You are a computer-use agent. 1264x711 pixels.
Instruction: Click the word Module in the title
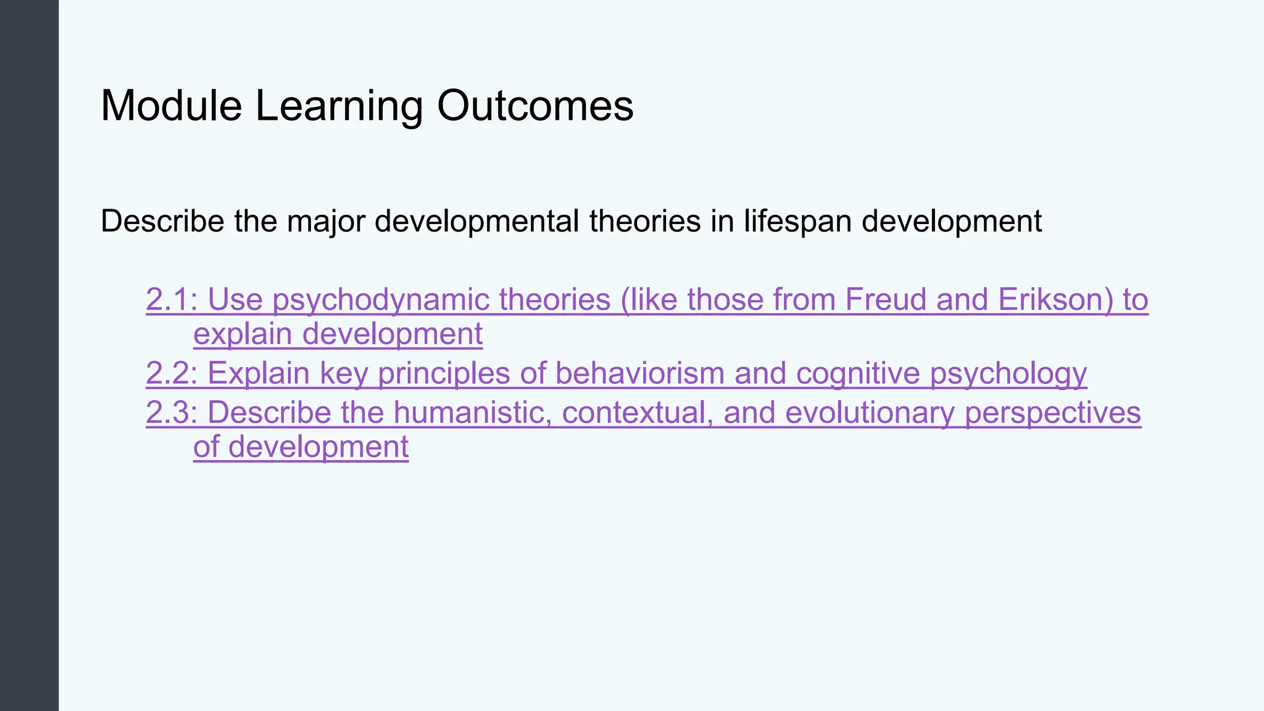pyautogui.click(x=171, y=106)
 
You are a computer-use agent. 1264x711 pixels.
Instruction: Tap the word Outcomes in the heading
pyautogui.click(x=535, y=106)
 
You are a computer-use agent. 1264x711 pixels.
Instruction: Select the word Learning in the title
pyautogui.click(x=339, y=106)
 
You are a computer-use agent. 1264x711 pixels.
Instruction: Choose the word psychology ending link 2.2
pyautogui.click(x=1008, y=373)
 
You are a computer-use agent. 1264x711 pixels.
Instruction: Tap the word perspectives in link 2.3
pyautogui.click(x=1053, y=413)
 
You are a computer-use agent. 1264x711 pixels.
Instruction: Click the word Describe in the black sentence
pyautogui.click(x=162, y=221)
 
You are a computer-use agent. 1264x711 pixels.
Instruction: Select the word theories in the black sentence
pyautogui.click(x=645, y=221)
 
